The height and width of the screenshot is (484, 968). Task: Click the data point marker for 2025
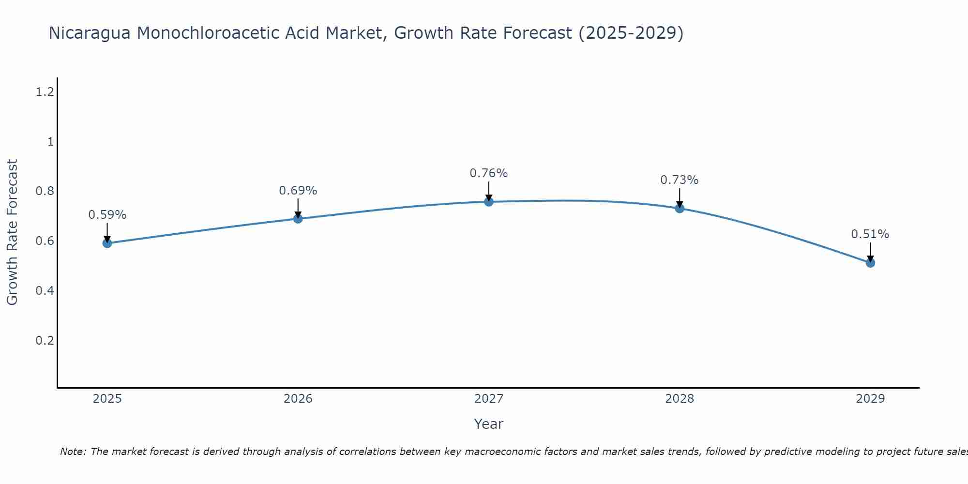[x=107, y=243]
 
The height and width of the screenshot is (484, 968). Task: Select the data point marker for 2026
[x=298, y=219]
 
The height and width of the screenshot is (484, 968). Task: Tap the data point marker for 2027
[x=489, y=201]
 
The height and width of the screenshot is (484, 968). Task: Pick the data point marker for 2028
[x=680, y=209]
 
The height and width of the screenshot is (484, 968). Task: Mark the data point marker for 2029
[x=870, y=263]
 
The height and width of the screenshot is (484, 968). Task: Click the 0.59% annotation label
[x=107, y=215]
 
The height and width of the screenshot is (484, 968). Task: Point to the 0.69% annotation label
[x=298, y=191]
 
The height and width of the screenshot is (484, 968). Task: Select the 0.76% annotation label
[x=489, y=173]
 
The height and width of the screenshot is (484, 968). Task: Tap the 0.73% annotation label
[x=680, y=180]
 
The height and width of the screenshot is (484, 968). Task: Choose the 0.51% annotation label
[x=870, y=234]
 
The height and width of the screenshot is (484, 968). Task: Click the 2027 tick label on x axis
[x=489, y=399]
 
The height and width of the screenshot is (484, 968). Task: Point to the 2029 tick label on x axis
[x=870, y=399]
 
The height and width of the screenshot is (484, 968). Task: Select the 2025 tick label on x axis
[x=107, y=399]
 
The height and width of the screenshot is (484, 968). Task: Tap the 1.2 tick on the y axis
[x=45, y=91]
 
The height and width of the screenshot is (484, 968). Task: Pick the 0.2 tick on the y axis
[x=45, y=341]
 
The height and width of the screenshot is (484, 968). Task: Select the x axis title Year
[x=489, y=424]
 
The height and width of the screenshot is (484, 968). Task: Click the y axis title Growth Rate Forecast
[x=12, y=232]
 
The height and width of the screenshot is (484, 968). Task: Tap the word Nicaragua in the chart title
[x=90, y=33]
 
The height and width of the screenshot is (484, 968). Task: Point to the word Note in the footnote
[x=73, y=452]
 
